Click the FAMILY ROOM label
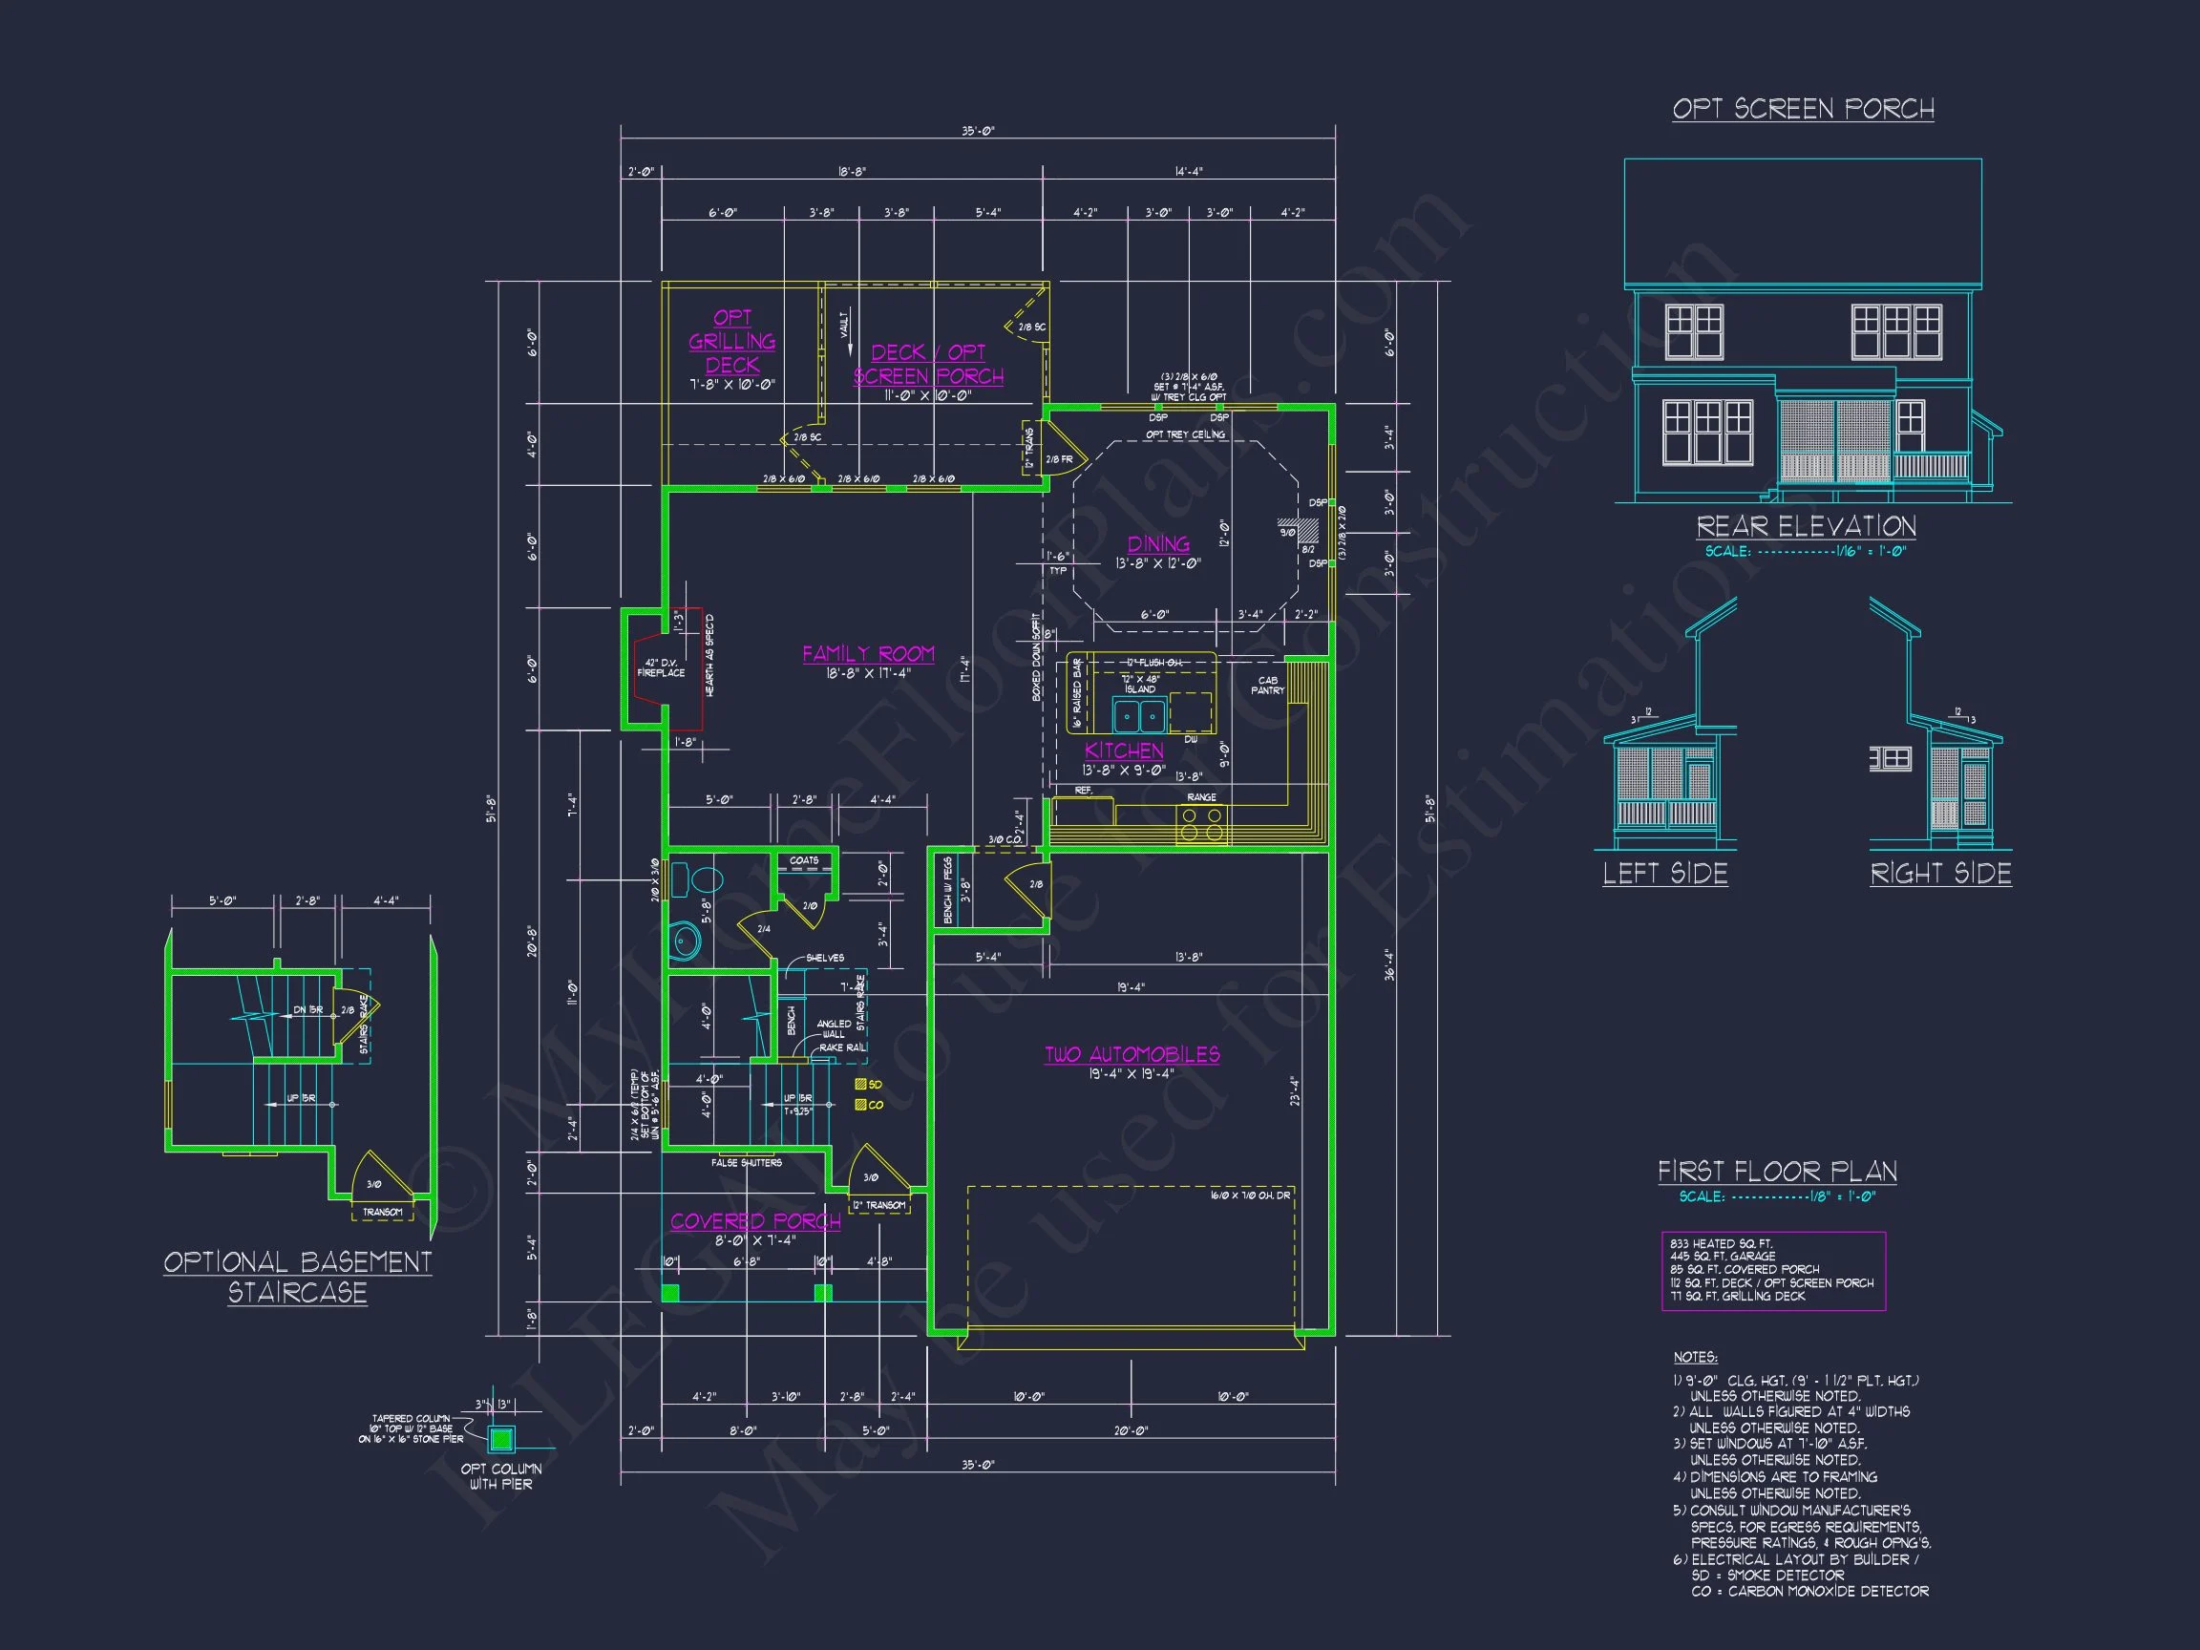pos(868,654)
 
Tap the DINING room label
pos(1157,544)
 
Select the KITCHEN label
pos(1124,751)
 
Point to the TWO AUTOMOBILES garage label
pos(1132,1055)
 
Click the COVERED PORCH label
pos(755,1221)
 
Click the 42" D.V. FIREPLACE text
pos(661,668)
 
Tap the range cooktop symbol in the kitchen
pos(1201,823)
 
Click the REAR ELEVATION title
pos(1805,526)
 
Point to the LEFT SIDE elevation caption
pos(1665,874)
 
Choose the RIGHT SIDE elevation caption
pos(1940,874)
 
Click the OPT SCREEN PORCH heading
pos(1802,109)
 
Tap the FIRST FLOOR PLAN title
pos(1776,1172)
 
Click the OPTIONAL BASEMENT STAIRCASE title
pos(297,1277)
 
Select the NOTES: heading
pos(1695,1358)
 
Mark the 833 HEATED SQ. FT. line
pos(1721,1244)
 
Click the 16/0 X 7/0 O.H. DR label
pos(1249,1195)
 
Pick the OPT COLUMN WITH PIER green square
pos(501,1438)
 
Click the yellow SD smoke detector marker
pos(860,1084)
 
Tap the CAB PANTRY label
pos(1267,686)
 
